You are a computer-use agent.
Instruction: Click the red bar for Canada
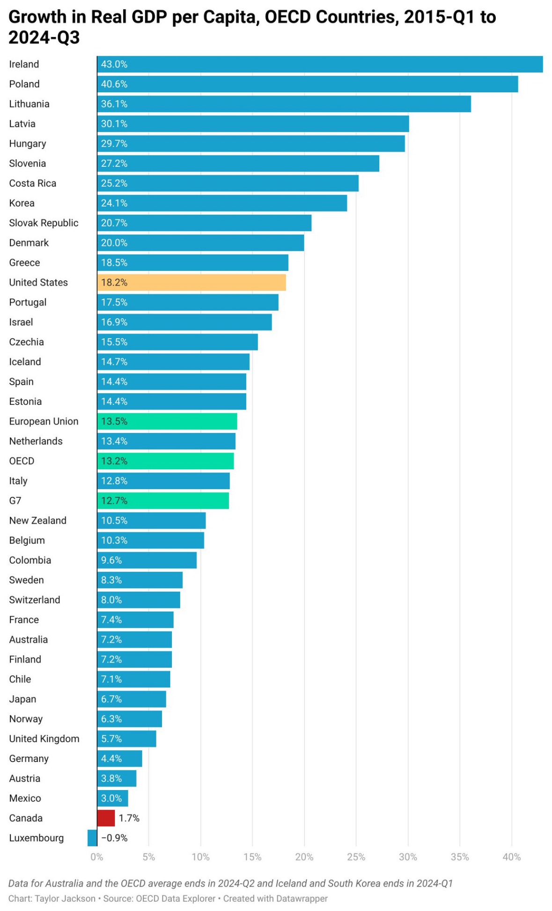click(x=106, y=818)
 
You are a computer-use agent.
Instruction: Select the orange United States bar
click(x=191, y=282)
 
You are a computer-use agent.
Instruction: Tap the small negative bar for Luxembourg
click(x=92, y=837)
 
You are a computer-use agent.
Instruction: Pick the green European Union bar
click(x=167, y=421)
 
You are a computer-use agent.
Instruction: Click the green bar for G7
click(x=163, y=500)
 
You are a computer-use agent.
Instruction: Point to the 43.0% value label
click(x=114, y=64)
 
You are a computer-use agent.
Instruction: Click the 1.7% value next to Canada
click(x=129, y=818)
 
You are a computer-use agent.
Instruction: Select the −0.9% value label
click(x=114, y=837)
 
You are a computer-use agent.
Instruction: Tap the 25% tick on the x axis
click(x=356, y=857)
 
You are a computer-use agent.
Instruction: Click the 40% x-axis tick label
click(x=511, y=857)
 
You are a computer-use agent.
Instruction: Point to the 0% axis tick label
click(x=97, y=857)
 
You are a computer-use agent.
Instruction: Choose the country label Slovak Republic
click(x=44, y=223)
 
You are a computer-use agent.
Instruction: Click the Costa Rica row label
click(x=33, y=183)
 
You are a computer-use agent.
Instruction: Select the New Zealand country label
click(x=38, y=520)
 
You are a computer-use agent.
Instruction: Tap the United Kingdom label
click(x=44, y=739)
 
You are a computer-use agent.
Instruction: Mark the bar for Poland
click(x=308, y=84)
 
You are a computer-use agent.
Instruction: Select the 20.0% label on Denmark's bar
click(x=114, y=243)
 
